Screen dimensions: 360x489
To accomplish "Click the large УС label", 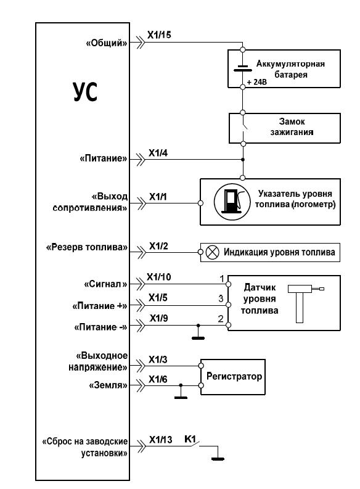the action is click(x=85, y=92).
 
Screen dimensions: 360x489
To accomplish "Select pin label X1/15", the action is click(x=159, y=35).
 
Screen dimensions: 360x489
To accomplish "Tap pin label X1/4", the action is click(x=158, y=153).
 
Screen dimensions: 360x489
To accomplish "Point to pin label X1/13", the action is click(x=160, y=440).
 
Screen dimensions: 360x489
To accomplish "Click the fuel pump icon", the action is click(x=232, y=202).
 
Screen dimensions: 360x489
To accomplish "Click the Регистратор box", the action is click(x=233, y=377).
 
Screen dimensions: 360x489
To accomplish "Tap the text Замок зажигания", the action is click(x=292, y=126).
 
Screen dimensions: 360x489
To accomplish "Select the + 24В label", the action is click(x=257, y=83).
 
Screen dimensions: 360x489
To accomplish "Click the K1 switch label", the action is click(x=190, y=439).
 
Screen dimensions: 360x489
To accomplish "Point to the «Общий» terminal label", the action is click(x=107, y=43).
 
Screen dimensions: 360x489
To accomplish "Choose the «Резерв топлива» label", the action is click(x=87, y=248).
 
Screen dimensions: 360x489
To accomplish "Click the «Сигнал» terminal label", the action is click(x=106, y=284).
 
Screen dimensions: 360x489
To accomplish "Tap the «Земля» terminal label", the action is click(x=108, y=385).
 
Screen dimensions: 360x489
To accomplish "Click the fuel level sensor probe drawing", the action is click(x=302, y=303).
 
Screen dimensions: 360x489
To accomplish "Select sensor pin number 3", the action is click(x=221, y=298).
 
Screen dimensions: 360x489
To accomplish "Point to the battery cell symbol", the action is click(x=242, y=68).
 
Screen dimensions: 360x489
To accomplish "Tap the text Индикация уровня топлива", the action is click(x=279, y=252).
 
